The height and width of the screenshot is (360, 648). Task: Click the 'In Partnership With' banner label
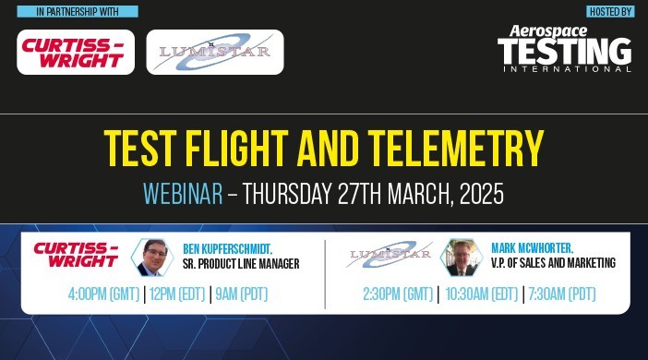tap(78, 12)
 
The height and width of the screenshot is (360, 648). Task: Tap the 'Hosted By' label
tap(610, 12)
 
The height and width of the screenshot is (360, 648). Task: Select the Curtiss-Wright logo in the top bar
tap(76, 52)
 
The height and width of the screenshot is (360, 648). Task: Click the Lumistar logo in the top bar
tap(215, 52)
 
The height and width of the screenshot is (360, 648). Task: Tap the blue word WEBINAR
tap(183, 195)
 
